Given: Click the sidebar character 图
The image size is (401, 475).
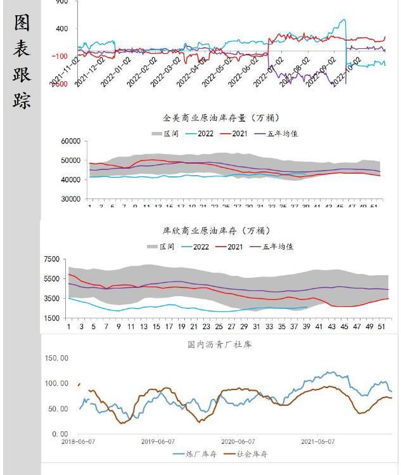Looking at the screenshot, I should point(22,23).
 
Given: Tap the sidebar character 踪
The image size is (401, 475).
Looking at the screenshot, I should point(22,100).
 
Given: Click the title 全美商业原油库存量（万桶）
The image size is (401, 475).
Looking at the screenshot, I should point(220,118).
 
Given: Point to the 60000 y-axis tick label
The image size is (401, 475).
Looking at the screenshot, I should point(70,141).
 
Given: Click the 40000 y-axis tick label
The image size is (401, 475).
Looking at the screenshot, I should point(70,180).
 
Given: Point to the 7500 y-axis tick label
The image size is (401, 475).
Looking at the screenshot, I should point(51,259).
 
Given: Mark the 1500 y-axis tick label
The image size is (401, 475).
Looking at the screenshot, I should point(51,318).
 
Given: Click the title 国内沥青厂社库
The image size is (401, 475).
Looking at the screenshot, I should point(219,344).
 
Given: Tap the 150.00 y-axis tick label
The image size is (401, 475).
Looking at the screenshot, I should point(56,358).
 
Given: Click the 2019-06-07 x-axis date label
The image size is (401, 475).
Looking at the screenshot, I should point(157,441).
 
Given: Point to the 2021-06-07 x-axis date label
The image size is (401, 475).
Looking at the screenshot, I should point(318,441).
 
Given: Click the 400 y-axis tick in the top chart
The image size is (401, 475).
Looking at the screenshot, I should point(61,29).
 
